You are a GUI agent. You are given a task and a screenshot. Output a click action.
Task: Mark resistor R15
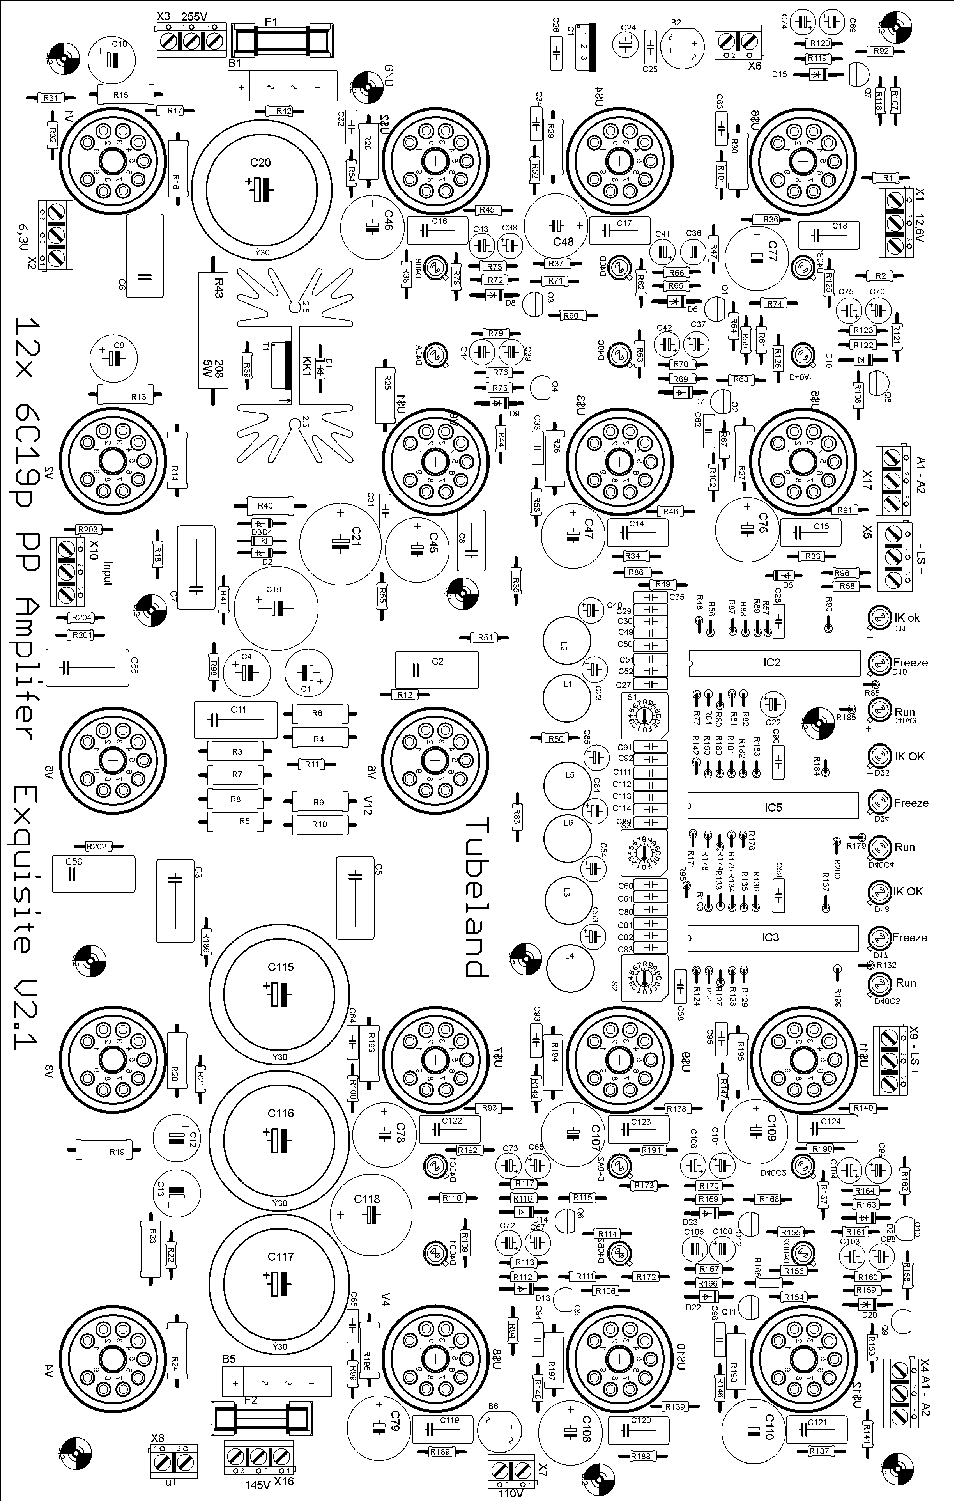(x=125, y=95)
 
